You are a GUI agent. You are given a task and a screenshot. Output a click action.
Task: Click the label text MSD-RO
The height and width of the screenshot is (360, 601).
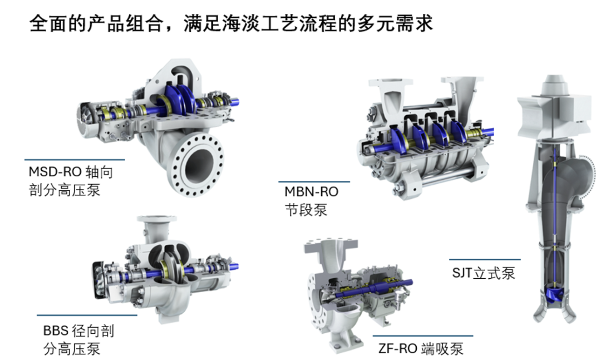tap(55, 171)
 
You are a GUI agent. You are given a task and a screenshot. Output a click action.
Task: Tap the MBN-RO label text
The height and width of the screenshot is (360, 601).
tap(311, 191)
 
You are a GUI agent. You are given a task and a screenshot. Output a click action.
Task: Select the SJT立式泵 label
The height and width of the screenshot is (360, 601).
tap(484, 273)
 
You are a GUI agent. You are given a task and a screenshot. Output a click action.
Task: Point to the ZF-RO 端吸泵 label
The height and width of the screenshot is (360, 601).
tap(421, 348)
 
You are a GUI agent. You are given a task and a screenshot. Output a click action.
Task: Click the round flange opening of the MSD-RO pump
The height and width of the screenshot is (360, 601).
tap(198, 165)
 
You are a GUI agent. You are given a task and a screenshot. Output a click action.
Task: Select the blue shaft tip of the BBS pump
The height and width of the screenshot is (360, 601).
tap(235, 265)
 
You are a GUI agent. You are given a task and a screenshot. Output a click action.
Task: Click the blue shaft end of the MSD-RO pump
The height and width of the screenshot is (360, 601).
tap(235, 102)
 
